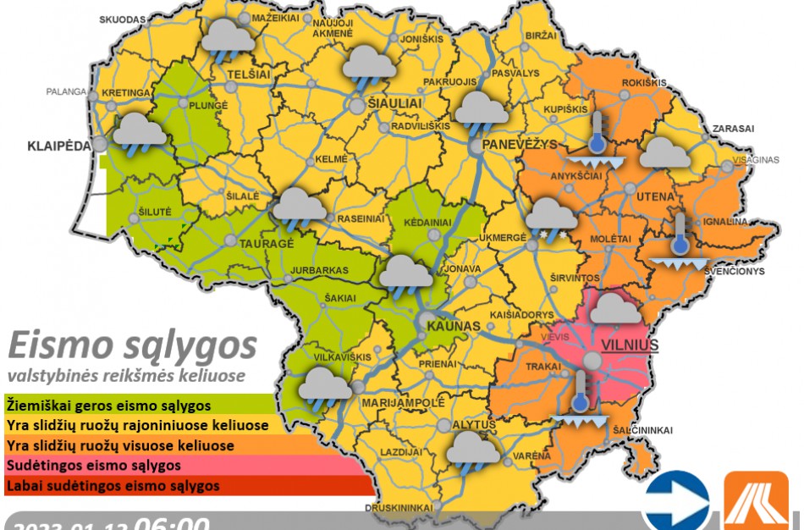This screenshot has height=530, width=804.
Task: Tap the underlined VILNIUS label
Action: (x=630, y=345)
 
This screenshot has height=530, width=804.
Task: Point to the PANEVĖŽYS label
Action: (x=520, y=145)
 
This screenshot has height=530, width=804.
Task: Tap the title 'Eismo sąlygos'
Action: (x=131, y=346)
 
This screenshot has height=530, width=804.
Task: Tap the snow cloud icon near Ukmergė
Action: (x=551, y=218)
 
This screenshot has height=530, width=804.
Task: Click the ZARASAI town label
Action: (x=733, y=129)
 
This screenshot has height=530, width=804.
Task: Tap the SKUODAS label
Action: (x=122, y=19)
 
